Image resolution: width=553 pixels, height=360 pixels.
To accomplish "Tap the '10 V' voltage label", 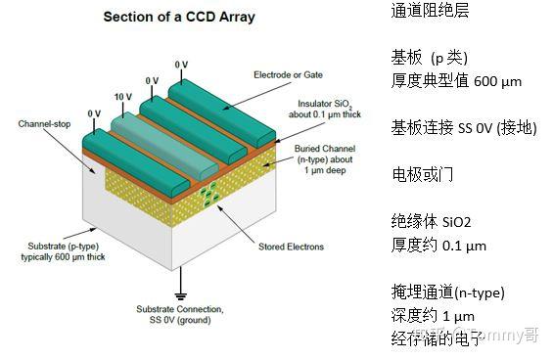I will pos(123,97).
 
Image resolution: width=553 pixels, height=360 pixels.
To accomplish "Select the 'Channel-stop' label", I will pos(42,124).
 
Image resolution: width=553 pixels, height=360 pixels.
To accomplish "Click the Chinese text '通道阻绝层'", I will pos(430,12).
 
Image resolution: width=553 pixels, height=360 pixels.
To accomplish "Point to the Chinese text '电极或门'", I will pos(422,175).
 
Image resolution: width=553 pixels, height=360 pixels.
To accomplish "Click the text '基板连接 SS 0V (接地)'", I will pos(464,128).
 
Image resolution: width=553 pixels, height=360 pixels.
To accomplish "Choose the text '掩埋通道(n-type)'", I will pos(447,292).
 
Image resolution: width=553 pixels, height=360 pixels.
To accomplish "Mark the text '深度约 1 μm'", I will pos(432,316).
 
